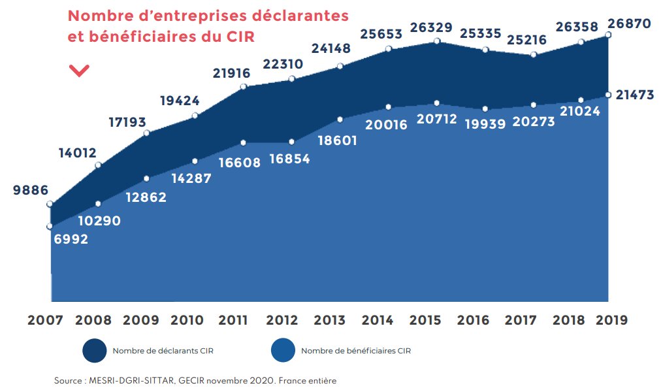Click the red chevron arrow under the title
(79, 71)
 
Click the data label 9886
(31, 191)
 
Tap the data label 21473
(633, 95)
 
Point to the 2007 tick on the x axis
(45, 320)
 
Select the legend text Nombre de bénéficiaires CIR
(355, 351)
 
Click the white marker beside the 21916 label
(244, 87)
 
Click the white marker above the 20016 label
(388, 107)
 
